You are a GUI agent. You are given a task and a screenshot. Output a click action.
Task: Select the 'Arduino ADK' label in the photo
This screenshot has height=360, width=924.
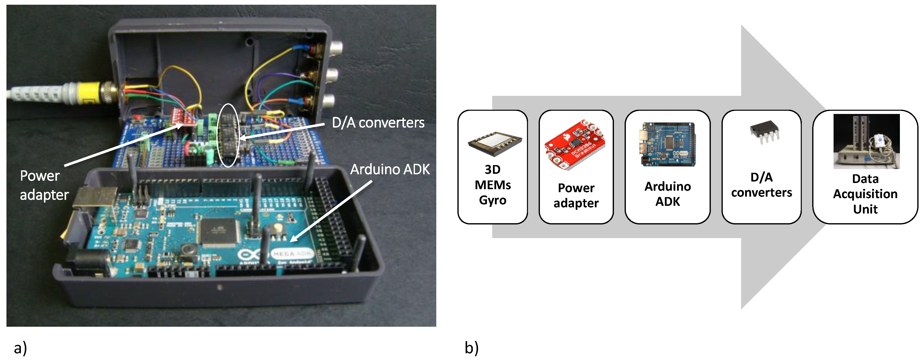tap(390, 169)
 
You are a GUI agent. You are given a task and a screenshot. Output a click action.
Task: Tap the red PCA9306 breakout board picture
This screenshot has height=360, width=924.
tap(575, 145)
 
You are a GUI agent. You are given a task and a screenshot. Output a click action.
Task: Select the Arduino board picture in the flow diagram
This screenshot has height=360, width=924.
tap(667, 144)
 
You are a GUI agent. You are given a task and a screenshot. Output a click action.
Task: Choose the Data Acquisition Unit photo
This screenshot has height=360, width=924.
tap(866, 141)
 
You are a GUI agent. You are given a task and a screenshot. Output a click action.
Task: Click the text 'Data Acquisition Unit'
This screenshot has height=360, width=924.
tap(865, 194)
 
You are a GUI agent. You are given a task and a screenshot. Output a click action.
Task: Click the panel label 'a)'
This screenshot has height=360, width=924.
tap(20, 348)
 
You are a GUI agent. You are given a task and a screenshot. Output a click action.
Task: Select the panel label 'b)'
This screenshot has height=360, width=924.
tap(471, 348)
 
